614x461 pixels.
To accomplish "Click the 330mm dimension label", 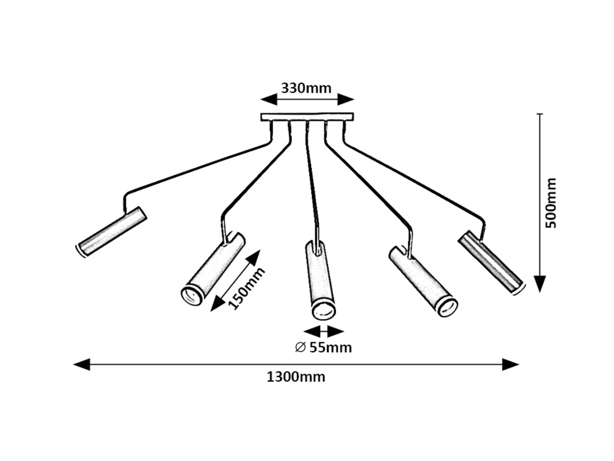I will point(306,88).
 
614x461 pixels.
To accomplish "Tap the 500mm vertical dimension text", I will point(551,203).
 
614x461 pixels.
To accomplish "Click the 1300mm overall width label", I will point(296,377).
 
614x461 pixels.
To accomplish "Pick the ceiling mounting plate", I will point(307,117).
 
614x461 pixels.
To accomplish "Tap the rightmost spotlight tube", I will point(491,262).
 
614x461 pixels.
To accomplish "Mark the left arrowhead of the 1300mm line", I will point(81,365).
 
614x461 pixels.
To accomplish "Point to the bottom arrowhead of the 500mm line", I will point(540,283).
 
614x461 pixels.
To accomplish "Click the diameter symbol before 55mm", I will point(300,347).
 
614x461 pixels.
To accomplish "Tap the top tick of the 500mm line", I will point(540,114).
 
